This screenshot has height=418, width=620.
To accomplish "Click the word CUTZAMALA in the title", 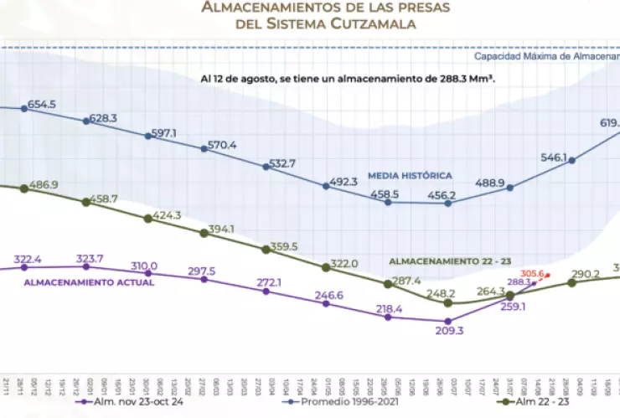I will [369, 25].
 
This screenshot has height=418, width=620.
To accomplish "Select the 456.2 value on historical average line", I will [442, 195].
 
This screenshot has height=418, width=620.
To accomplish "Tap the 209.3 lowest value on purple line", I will [448, 332].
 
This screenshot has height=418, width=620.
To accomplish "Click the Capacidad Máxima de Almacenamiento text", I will [546, 57].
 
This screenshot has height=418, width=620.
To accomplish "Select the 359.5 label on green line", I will [282, 246].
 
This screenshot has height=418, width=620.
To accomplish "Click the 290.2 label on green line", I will [586, 273].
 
